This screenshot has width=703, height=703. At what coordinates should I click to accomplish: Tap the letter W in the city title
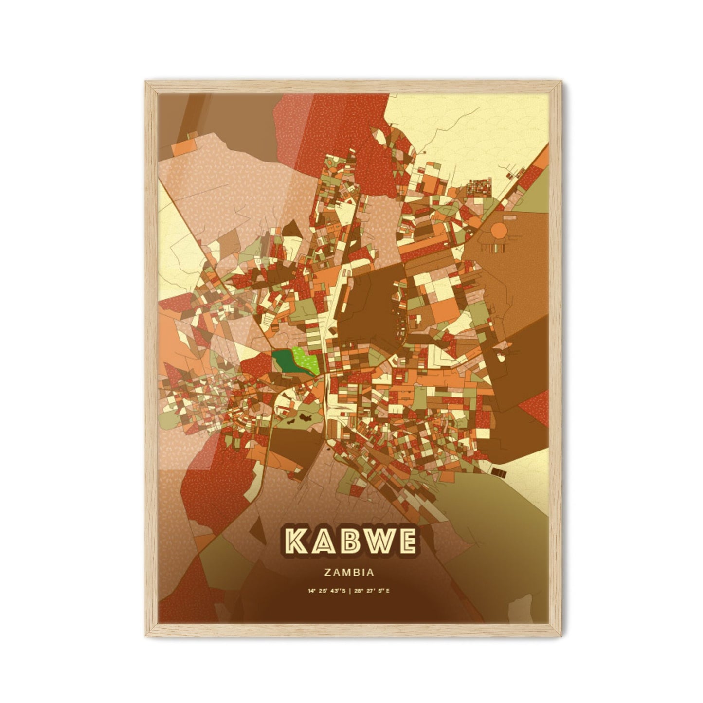[375, 541]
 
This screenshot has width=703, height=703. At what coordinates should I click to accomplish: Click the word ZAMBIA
[351, 573]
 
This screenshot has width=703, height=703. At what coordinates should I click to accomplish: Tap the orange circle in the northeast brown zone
[499, 229]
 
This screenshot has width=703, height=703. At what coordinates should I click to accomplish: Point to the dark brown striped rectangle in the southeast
[499, 471]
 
